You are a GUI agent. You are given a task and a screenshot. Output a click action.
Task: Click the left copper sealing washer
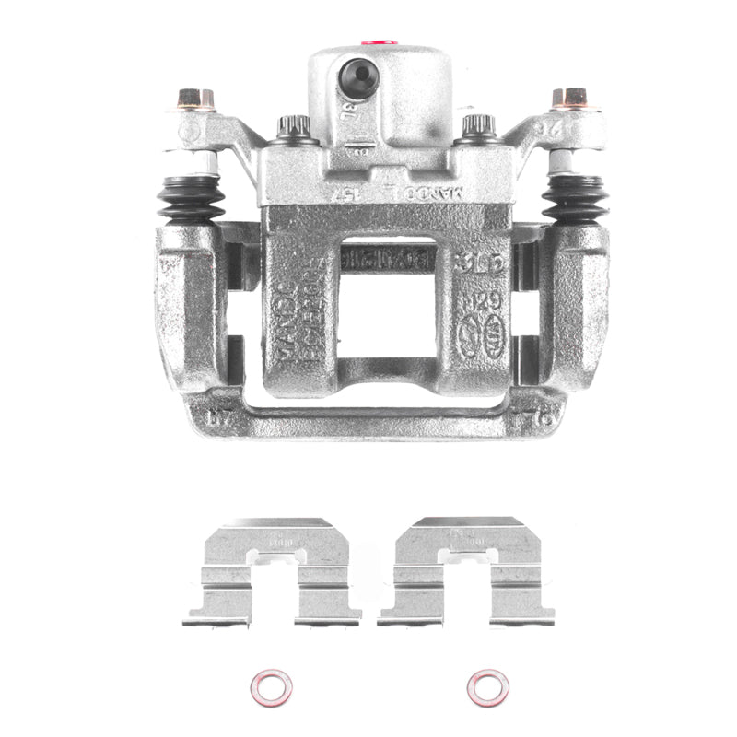point(271,687)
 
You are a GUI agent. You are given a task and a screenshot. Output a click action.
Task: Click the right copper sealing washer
point(487,687)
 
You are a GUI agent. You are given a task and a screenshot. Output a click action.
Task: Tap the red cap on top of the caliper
point(379,41)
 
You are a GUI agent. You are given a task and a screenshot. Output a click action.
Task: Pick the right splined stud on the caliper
point(478,127)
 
